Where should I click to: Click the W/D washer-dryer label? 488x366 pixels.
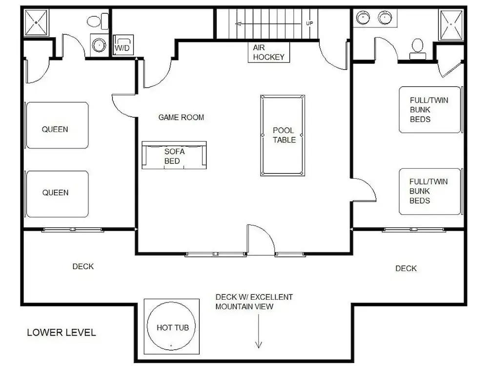point(122,48)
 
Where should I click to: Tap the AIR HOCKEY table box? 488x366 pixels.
point(269,52)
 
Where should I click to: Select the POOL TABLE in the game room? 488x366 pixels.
point(283,135)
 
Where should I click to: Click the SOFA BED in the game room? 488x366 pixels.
point(174,155)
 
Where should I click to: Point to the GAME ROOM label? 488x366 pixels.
point(181,117)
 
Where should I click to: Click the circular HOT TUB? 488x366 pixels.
point(171,327)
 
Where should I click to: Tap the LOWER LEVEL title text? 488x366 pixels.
point(61,332)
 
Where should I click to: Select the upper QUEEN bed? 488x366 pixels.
point(58,125)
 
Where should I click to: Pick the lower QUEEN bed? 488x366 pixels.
point(58,194)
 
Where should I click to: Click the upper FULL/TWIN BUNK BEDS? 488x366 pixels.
point(430,109)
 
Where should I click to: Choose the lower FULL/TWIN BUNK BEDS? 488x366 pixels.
point(430,191)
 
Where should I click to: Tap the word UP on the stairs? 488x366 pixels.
point(309,23)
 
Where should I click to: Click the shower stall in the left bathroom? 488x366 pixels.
point(37,22)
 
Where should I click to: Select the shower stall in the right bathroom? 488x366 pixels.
point(450,24)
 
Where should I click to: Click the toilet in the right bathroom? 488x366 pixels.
point(417,49)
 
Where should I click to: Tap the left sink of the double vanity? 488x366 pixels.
point(363,17)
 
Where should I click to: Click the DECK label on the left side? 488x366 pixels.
point(83,266)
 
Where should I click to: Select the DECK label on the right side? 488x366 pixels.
point(406,268)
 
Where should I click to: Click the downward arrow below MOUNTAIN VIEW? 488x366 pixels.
point(259,331)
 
